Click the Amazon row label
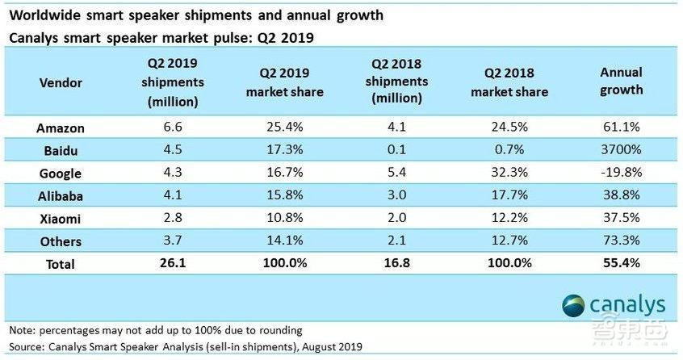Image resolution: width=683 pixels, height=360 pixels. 60,128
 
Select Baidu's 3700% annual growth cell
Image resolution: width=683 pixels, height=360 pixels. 622,151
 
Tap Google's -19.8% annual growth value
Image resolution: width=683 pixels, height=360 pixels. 622,174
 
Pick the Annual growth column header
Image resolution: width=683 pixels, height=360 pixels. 622,81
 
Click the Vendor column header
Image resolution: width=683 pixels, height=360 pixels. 60,81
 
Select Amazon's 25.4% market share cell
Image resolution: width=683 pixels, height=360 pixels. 284,128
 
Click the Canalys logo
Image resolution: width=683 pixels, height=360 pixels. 614,304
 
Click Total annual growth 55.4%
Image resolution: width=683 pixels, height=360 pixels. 622,264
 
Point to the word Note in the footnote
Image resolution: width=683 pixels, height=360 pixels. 22,329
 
